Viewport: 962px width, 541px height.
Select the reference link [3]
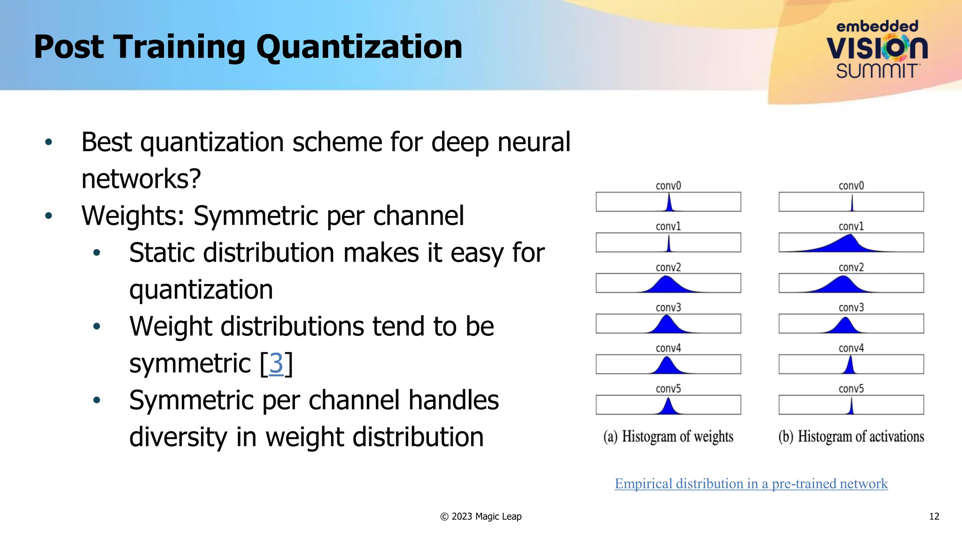(x=276, y=363)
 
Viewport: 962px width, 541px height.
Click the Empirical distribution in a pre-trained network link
(x=751, y=483)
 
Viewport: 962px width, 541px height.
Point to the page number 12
(x=934, y=517)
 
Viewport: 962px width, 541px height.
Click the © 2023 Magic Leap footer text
(x=481, y=517)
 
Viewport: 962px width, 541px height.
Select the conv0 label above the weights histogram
(x=668, y=185)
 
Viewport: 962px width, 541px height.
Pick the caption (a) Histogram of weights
(x=668, y=436)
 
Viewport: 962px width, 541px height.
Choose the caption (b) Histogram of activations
(x=851, y=436)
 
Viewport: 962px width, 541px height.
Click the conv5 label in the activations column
(x=851, y=388)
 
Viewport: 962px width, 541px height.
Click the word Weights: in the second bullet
(x=133, y=216)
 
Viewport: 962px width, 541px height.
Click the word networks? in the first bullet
(x=141, y=179)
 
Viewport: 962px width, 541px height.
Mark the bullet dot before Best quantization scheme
(x=48, y=142)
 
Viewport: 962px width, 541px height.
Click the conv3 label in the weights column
(x=668, y=308)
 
